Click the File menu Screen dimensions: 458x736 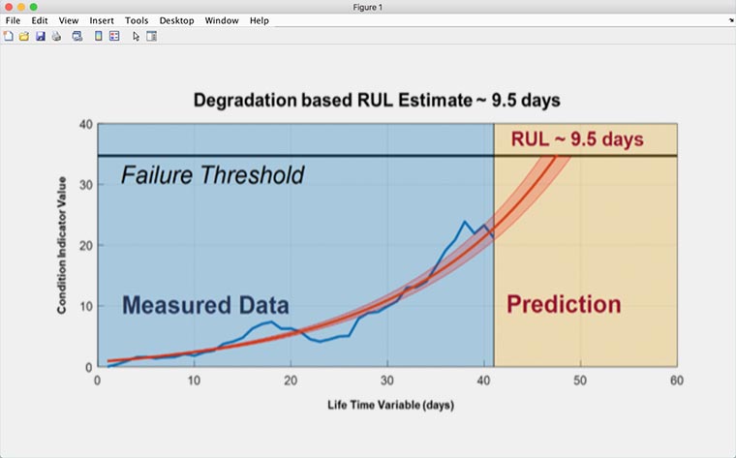(x=13, y=20)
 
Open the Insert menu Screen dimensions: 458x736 (x=101, y=20)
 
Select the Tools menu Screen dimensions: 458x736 (x=137, y=20)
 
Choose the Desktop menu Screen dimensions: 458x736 (x=176, y=20)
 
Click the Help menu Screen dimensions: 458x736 (x=260, y=20)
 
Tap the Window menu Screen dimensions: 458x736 (x=222, y=20)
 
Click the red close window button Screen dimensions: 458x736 (x=7, y=7)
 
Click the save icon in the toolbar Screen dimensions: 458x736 (x=41, y=37)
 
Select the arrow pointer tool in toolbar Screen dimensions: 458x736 (x=137, y=37)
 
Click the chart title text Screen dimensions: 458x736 (x=377, y=101)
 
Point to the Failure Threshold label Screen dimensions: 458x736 (x=212, y=175)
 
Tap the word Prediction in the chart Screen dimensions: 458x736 (x=564, y=305)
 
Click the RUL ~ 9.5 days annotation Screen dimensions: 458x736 (x=576, y=139)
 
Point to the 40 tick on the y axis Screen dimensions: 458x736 (x=84, y=125)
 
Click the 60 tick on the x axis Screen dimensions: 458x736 (x=676, y=381)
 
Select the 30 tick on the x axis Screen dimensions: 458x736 (x=387, y=381)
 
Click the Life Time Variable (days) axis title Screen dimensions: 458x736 (x=388, y=405)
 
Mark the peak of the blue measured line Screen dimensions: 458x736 (x=465, y=222)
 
